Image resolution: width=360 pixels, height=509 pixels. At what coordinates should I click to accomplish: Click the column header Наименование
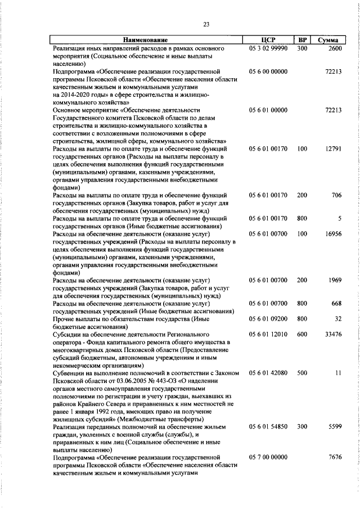point(146,40)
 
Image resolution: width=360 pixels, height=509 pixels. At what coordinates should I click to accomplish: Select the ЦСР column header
point(268,40)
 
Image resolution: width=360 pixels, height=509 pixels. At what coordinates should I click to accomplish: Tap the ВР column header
point(302,40)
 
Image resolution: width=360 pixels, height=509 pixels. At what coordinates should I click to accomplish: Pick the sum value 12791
point(332,148)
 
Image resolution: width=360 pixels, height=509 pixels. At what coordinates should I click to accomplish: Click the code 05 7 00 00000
point(268,458)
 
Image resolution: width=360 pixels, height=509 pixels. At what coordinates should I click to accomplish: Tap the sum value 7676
point(335,458)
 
